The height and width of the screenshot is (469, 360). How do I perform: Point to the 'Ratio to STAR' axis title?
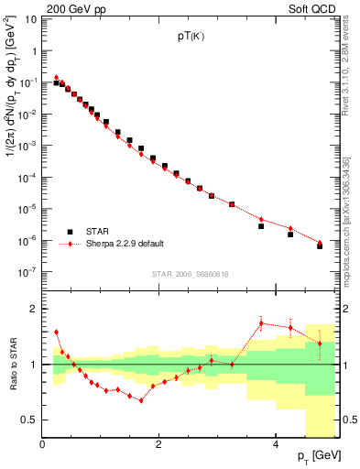pos(11,365)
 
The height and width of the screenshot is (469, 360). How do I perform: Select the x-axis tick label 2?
pos(159,445)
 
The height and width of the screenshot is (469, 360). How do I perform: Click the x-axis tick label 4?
pos(276,445)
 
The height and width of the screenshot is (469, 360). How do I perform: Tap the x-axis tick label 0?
pos(43,445)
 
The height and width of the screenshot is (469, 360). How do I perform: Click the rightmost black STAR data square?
pos(320,246)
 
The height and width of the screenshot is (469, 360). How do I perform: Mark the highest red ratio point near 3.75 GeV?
pos(261,322)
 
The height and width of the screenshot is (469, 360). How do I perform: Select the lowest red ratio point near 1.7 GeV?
pos(141,400)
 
